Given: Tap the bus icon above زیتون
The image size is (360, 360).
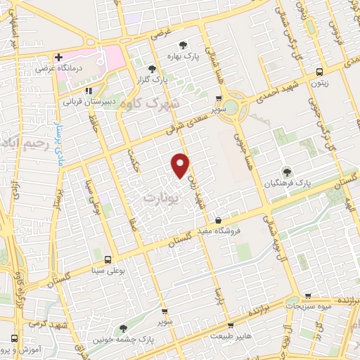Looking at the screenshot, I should (320, 72).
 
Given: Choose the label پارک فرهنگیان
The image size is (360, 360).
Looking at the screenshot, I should (288, 183).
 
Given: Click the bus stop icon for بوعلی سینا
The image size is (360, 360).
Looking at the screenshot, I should (107, 259).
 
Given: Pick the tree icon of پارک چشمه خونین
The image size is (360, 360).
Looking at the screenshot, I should (123, 328).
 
